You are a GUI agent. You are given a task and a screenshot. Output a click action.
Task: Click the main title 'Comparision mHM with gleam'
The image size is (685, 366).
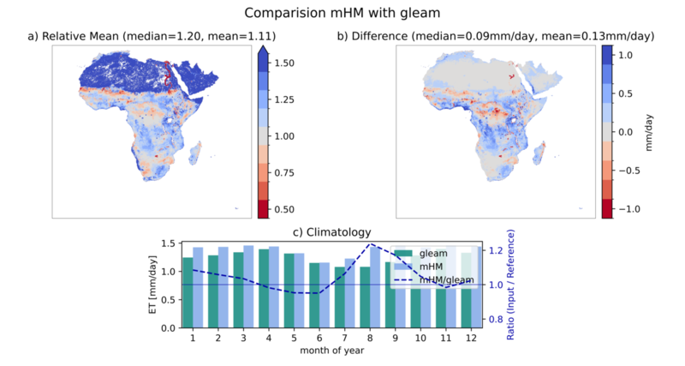(342, 13)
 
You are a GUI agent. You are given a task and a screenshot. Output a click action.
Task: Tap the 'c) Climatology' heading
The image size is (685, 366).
(331, 231)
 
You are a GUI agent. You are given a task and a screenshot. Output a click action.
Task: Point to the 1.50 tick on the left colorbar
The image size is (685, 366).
(284, 63)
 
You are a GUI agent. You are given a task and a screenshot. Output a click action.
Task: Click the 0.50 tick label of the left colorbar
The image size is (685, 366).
(284, 209)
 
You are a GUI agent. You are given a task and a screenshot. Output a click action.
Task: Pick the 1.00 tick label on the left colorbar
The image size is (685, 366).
(284, 136)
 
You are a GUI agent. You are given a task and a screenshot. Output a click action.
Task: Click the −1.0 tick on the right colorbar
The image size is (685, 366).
(629, 209)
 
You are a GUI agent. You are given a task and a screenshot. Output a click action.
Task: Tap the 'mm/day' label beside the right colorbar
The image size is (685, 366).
(649, 133)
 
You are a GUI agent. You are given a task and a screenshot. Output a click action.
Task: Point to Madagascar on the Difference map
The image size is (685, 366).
(540, 152)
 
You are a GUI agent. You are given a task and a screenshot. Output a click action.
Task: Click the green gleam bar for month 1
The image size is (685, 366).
(188, 292)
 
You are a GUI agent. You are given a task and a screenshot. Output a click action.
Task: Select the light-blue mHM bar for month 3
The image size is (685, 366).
(248, 287)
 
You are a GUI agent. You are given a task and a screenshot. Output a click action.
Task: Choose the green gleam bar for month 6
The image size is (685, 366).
(314, 296)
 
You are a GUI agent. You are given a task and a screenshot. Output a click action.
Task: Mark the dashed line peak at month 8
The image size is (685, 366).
(370, 244)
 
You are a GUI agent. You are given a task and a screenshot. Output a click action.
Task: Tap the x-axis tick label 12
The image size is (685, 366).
(472, 338)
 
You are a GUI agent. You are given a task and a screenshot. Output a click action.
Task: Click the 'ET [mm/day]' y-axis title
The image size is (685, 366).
(153, 285)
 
